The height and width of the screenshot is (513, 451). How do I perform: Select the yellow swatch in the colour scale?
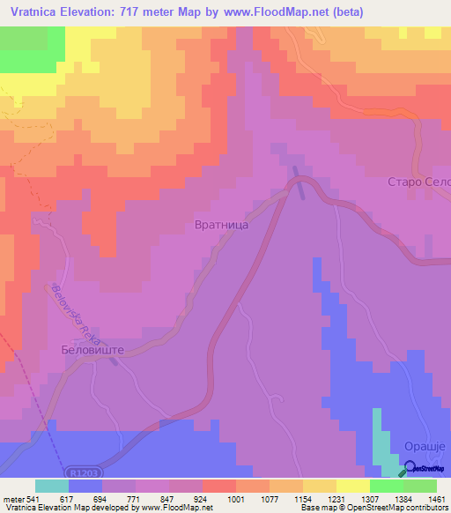coord(352,486)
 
